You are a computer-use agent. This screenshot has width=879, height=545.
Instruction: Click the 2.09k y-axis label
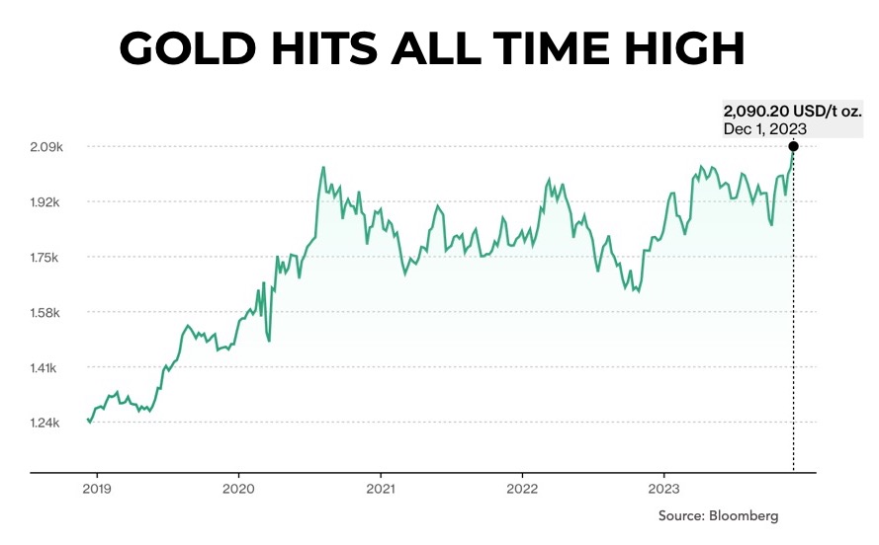47,147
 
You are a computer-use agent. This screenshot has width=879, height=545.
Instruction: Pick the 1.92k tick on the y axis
47,202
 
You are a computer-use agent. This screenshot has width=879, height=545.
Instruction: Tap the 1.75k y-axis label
47,258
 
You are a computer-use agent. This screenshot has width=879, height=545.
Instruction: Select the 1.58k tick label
47,313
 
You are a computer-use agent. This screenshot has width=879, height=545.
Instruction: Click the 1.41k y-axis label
47,368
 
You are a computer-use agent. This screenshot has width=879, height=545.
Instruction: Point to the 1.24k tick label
47,424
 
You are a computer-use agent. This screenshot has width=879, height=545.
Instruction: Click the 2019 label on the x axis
96,488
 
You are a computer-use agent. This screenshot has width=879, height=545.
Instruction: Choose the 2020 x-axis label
238,488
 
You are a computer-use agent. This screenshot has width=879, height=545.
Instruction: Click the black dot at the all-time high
793,146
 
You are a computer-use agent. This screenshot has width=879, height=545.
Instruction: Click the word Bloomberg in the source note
747,515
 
